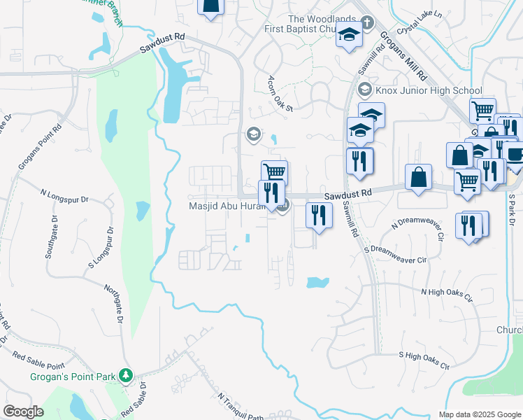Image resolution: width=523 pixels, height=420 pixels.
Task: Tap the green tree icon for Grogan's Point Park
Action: [x=126, y=377]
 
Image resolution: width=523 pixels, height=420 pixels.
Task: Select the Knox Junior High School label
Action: [x=428, y=90]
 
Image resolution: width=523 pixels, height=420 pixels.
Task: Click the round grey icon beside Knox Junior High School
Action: [x=364, y=90]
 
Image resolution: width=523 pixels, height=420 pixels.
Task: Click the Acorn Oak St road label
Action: [x=280, y=93]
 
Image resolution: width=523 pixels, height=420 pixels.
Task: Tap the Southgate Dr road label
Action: [x=52, y=238]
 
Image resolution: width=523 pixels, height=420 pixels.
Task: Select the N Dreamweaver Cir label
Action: [x=418, y=230]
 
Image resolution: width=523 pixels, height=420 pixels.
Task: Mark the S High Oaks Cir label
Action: [x=424, y=360]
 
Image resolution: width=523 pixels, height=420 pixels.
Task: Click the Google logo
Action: [x=24, y=412]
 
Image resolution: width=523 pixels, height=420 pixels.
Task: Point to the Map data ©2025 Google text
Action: [x=479, y=414]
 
